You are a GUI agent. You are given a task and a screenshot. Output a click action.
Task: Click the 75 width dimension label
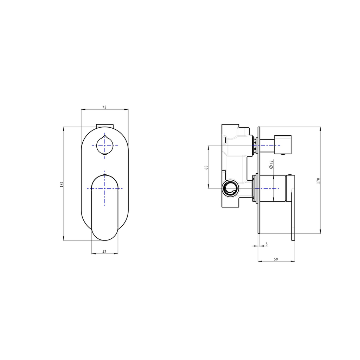pos(104,107)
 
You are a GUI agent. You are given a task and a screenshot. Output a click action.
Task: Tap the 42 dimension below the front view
pos(104,252)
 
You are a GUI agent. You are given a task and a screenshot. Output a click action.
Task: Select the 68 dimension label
pos(206,167)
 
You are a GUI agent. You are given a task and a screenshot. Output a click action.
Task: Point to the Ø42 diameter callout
pos(271,165)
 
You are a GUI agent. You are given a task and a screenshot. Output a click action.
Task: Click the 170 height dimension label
pos(318,181)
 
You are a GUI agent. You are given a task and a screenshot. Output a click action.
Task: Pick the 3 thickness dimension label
pos(266,244)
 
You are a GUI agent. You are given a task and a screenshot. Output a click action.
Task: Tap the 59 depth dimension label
pos(276,259)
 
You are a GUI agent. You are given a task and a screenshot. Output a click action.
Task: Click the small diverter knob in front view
pos(105,145)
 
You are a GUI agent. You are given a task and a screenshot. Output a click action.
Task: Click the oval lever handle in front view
pos(105,208)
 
